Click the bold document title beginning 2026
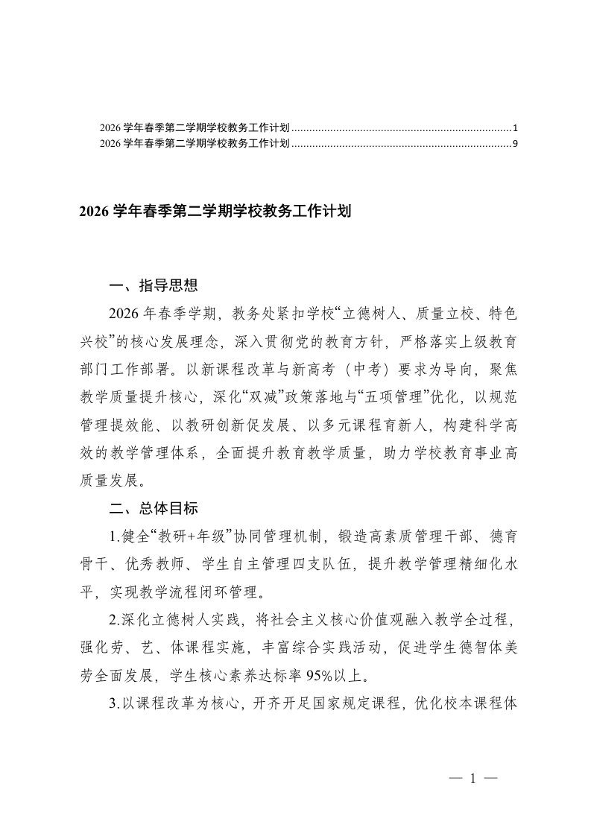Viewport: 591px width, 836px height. pos(214,212)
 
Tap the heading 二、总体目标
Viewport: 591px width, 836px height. pos(153,509)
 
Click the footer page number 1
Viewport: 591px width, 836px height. pos(472,779)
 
